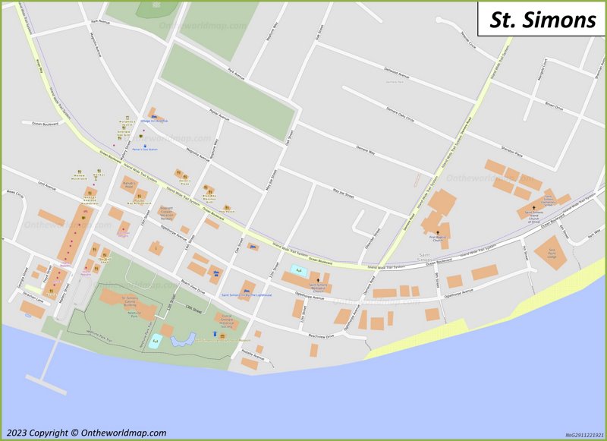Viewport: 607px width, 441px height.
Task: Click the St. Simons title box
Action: click(x=542, y=20)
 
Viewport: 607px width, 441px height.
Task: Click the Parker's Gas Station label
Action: click(x=141, y=149)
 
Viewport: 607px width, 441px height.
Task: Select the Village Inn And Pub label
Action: click(x=155, y=120)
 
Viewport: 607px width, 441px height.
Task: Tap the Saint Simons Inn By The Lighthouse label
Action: click(x=246, y=295)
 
